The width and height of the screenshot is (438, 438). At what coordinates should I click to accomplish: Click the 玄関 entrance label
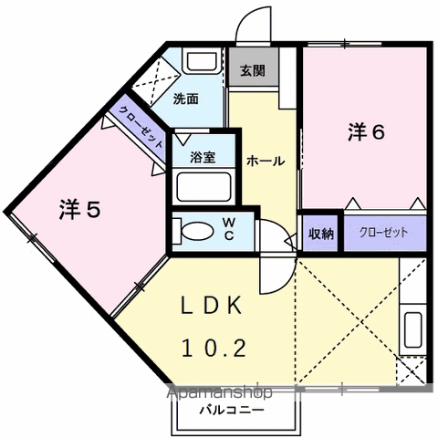pos(253,71)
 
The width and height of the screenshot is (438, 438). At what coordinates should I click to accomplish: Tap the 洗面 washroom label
pos(186,99)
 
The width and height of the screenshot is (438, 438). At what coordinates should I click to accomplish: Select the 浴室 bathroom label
pos(203,157)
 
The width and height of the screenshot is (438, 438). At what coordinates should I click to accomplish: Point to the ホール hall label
pos(266,161)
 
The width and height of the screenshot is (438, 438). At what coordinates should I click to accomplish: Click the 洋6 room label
pos(367,132)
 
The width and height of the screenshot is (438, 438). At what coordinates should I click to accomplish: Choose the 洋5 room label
pos(79,209)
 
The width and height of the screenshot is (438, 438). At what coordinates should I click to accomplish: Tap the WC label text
pos(229,229)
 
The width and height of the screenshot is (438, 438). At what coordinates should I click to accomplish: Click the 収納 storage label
pos(321,234)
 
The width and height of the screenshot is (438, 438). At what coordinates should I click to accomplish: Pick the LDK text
pos(212,306)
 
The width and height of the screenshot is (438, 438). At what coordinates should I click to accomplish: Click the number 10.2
pos(214,348)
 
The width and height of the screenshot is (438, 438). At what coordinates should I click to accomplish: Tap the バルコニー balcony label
pos(232,411)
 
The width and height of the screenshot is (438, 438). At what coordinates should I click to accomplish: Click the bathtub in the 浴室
pos(203,187)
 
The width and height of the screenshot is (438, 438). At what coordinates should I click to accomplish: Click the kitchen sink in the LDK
pos(413,329)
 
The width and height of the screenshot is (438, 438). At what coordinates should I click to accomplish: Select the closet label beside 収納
pos(383,233)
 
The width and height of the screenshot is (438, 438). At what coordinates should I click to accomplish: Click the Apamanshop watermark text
pos(220,392)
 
